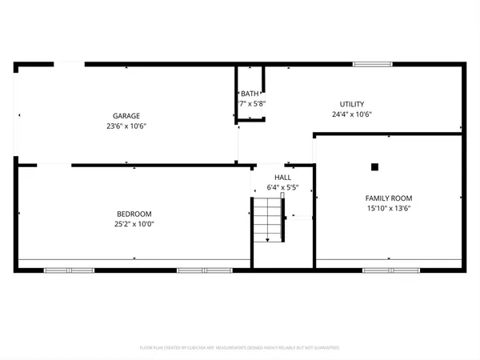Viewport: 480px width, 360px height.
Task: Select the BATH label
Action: pos(250,94)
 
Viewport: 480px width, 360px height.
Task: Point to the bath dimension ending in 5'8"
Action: pos(251,104)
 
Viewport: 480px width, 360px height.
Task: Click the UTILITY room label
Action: pos(352,104)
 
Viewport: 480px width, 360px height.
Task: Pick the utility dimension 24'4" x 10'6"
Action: pos(352,114)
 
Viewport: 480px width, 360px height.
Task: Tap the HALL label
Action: pos(283,178)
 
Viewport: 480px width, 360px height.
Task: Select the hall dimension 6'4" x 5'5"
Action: pos(283,187)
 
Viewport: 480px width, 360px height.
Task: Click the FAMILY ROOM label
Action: pos(388,198)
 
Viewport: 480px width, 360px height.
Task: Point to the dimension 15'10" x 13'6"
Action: pos(388,208)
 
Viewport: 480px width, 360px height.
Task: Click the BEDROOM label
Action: pos(134,214)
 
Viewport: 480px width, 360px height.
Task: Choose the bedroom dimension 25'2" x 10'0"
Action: pos(134,224)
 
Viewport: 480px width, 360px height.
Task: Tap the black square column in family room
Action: pos(374,167)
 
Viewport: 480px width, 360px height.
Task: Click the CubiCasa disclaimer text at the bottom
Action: pos(240,348)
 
